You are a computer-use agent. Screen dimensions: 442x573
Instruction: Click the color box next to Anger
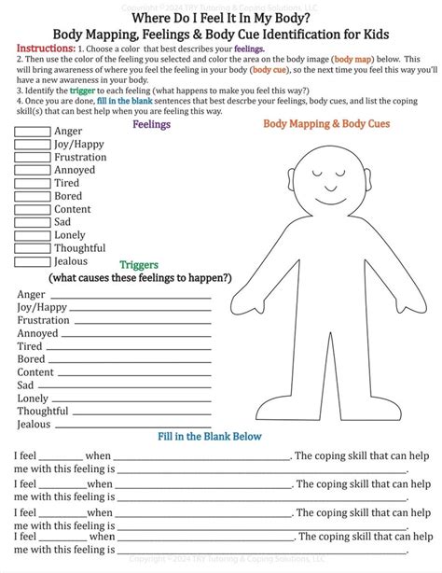[32, 132]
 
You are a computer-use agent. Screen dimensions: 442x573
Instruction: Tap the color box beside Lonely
[32, 235]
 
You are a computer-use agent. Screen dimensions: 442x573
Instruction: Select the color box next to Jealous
[32, 261]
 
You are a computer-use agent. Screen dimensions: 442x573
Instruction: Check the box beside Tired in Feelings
[32, 184]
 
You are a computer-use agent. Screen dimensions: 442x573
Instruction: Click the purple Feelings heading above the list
[151, 123]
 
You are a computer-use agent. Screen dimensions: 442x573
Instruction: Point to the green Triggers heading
[141, 265]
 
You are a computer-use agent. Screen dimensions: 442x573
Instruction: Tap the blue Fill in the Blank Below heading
[210, 436]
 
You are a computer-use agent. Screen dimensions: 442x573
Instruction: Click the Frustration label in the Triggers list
[43, 320]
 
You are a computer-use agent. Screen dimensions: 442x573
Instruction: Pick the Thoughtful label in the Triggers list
[43, 412]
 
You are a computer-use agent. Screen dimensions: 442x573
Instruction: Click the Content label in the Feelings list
[73, 210]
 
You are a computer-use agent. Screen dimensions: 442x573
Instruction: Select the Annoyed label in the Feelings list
[75, 171]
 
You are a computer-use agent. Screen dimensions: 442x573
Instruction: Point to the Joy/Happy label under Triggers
[42, 307]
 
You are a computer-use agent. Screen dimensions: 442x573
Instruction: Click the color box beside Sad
[32, 222]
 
